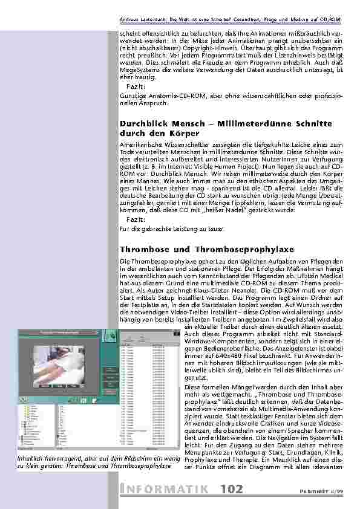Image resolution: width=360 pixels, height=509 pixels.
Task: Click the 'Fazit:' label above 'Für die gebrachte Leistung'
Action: point(136,219)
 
